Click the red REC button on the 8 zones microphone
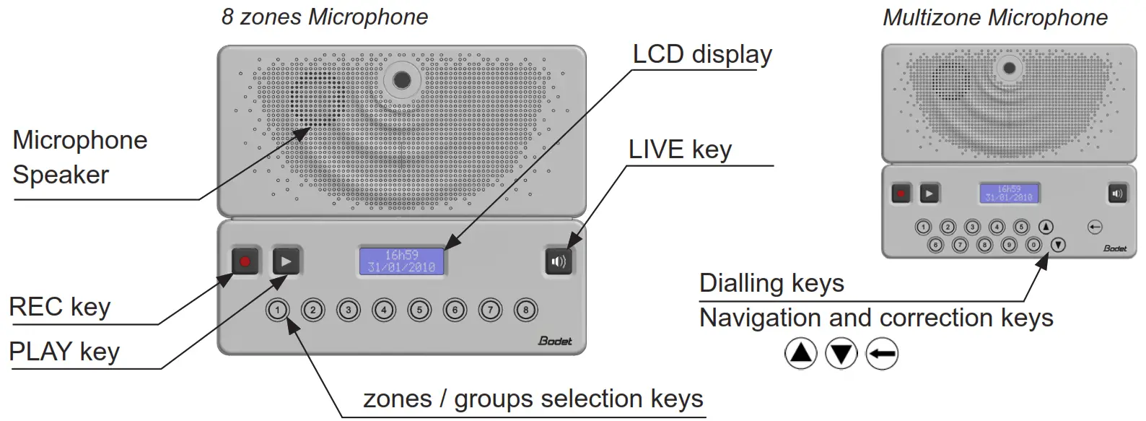pos(245,261)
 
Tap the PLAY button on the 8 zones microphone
pos(286,261)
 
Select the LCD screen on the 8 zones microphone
pos(402,261)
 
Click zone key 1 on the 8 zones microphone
pos(278,311)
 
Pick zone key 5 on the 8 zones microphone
pos(419,311)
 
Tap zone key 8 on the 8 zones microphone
pos(525,311)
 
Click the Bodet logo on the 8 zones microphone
pos(555,341)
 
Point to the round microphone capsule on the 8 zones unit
pos(402,79)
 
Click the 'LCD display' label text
pos(701,55)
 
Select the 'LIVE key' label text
pos(680,149)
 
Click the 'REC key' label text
pos(59,307)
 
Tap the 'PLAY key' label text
pos(64,352)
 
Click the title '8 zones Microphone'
pos(324,17)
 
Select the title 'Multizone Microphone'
pos(994,17)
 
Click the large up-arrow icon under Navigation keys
pos(800,354)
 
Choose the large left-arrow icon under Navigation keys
pos(882,354)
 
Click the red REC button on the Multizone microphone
pos(901,194)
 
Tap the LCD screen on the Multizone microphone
pos(1009,194)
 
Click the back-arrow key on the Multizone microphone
pos(1095,227)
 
